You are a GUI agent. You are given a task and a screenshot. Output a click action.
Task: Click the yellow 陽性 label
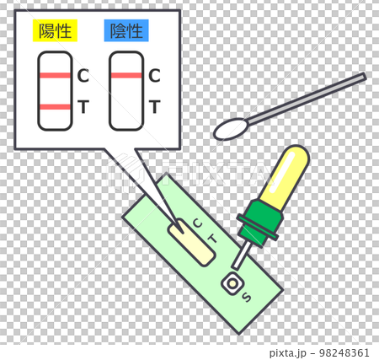(55, 32)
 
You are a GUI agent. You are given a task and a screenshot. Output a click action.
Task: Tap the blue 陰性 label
(125, 32)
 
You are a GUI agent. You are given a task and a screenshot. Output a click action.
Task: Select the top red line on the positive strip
(55, 76)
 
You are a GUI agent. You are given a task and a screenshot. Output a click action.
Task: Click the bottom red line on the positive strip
(55, 106)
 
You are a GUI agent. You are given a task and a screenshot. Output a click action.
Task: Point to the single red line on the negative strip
(125, 76)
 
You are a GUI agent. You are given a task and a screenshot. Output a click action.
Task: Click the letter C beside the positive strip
(83, 76)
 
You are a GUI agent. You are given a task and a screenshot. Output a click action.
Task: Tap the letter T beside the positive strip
(83, 106)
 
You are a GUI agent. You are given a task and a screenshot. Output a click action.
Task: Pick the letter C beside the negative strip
(154, 76)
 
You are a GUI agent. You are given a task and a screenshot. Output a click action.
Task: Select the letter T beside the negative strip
(154, 106)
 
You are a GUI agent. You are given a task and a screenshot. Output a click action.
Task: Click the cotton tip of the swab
(232, 129)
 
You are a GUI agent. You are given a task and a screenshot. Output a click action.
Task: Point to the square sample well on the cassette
(230, 284)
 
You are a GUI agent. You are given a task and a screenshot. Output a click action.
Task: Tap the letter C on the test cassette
(198, 223)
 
